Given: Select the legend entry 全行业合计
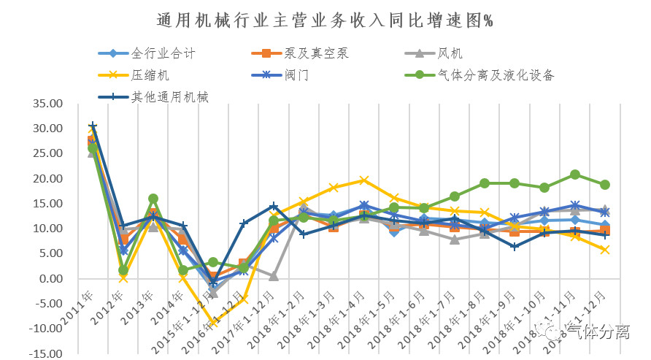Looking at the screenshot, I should pyautogui.click(x=163, y=53).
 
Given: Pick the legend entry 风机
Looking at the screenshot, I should pyautogui.click(x=450, y=53).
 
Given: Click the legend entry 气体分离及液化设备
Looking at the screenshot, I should pyautogui.click(x=496, y=74).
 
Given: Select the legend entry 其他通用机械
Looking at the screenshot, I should pyautogui.click(x=170, y=96).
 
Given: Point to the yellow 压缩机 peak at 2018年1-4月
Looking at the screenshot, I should pyautogui.click(x=364, y=180).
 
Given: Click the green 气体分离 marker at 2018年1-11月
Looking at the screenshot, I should pyautogui.click(x=575, y=175).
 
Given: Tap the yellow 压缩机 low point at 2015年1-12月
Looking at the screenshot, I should pyautogui.click(x=214, y=322).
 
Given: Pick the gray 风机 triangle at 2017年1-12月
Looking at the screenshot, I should pyautogui.click(x=274, y=276).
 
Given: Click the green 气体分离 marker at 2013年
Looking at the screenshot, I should pyautogui.click(x=153, y=199).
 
